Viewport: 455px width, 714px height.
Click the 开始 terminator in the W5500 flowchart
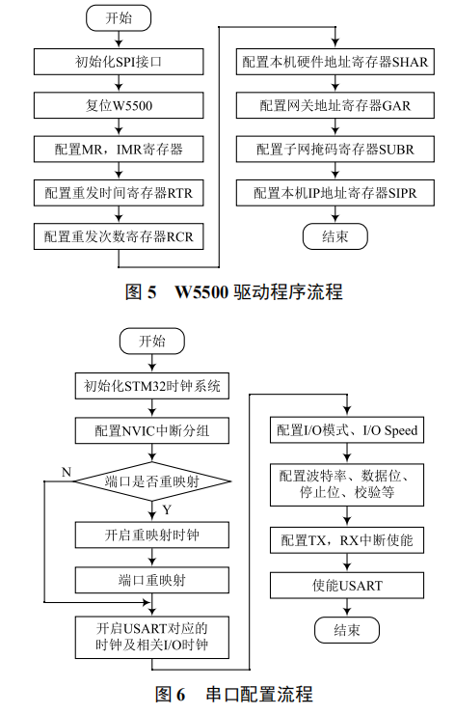click(118, 18)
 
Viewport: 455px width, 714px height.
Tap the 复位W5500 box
click(118, 105)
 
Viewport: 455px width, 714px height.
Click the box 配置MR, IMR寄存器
click(118, 150)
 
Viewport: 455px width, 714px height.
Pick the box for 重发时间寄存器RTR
click(118, 193)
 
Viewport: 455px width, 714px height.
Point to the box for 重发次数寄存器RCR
click(118, 236)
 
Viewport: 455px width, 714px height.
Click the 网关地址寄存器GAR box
click(334, 105)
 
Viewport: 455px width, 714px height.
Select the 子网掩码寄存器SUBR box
click(334, 150)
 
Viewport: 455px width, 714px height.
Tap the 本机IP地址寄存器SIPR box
click(334, 193)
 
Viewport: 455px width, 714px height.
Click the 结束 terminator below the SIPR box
click(334, 236)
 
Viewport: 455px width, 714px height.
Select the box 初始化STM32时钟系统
click(152, 387)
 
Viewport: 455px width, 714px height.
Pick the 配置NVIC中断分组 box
click(152, 430)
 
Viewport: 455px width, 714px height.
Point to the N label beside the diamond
click(66, 471)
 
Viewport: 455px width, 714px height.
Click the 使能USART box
click(346, 586)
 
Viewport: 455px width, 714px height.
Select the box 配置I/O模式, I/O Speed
click(346, 430)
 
